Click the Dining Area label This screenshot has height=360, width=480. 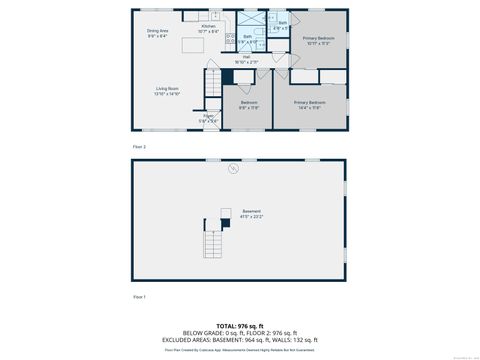[158, 33]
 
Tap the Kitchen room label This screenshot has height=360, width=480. [207, 30]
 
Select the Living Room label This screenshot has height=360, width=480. [166, 91]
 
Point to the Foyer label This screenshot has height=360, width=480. [208, 118]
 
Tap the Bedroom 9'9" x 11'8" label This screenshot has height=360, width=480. [249, 104]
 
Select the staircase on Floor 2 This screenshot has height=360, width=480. [211, 84]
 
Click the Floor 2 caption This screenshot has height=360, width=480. [140, 147]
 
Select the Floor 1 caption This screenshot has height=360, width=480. [140, 297]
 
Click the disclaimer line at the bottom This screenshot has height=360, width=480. [240, 349]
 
